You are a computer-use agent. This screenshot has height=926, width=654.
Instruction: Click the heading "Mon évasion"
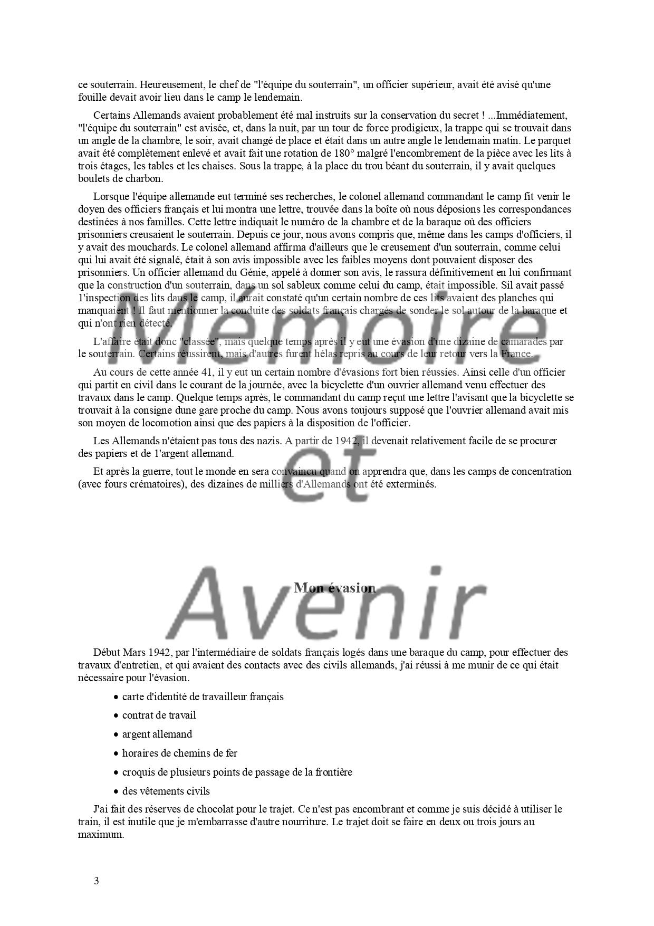(334, 588)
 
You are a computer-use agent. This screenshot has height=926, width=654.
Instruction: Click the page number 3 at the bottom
(96, 880)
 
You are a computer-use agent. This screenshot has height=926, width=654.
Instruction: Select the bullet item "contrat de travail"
(159, 715)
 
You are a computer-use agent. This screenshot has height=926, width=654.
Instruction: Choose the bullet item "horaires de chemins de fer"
(179, 753)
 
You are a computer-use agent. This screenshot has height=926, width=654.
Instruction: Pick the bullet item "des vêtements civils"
(166, 791)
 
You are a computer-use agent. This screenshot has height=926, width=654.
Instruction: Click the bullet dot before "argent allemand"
(116, 734)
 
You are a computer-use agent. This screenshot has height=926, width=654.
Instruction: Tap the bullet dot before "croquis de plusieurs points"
(116, 772)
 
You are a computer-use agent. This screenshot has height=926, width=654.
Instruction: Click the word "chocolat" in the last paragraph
(214, 809)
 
